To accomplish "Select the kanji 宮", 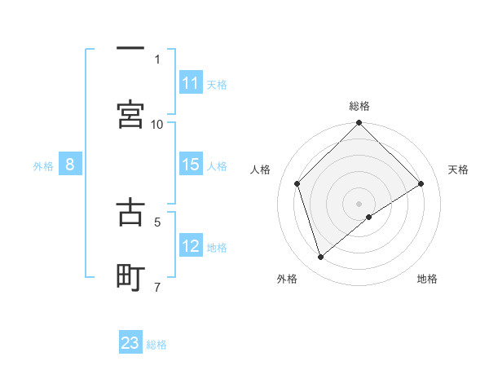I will coord(130,114).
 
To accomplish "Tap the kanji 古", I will coord(130,210).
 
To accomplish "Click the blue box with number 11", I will coord(191,83).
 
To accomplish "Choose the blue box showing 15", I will coord(191,165).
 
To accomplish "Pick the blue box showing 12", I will coord(191,246).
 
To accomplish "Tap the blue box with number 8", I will coord(70,165).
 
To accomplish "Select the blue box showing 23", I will coord(130,343).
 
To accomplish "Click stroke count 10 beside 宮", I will coord(157,124).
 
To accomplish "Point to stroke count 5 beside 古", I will coord(157,221).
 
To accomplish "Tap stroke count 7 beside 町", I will coord(157,287).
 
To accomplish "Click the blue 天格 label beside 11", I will coord(217,84).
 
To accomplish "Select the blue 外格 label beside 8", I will coord(43,165).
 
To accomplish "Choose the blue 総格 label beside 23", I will coord(156,344).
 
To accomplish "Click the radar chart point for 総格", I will coord(359,124).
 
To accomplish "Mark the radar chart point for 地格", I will coord(369,217).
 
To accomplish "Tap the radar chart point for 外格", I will coord(320,258).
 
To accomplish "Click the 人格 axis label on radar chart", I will coord(261,169).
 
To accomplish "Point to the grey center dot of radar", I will coord(359,203).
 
